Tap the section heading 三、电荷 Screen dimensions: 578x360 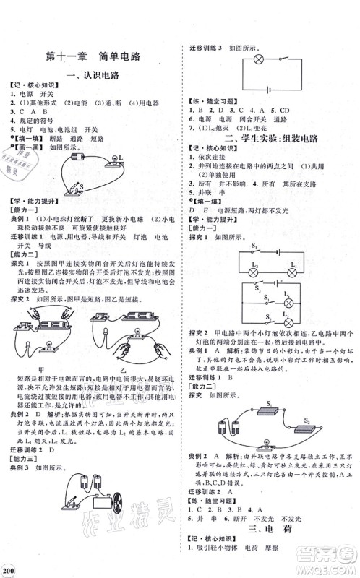point(276,529)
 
